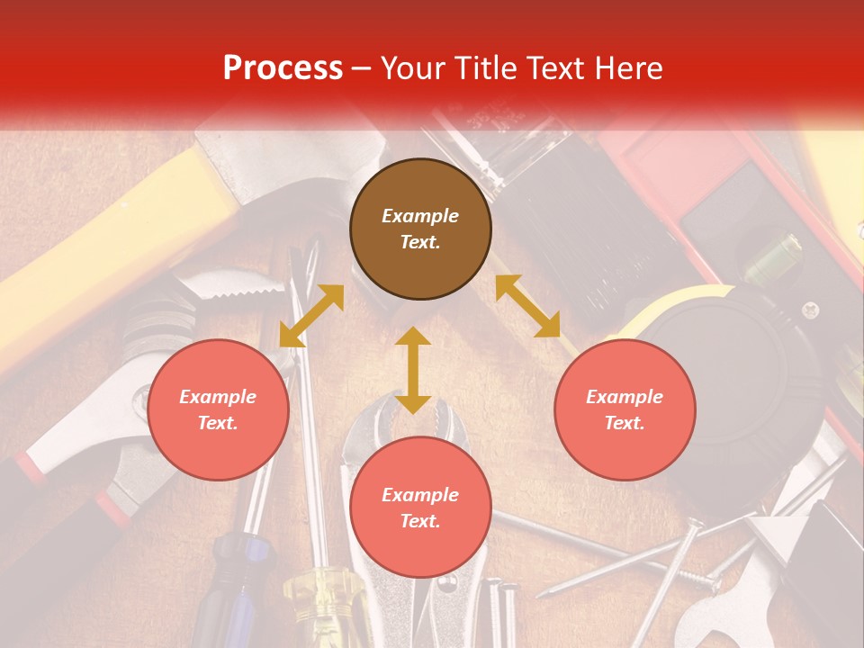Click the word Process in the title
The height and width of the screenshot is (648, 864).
pos(283,67)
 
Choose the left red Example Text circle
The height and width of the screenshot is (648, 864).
pos(218,409)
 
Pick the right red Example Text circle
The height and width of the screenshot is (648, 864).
pos(625,409)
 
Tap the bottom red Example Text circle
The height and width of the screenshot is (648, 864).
pos(420,508)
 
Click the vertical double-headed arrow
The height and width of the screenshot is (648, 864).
pos(413,370)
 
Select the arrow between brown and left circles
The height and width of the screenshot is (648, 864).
pos(311,316)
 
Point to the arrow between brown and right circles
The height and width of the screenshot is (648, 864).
pos(528,306)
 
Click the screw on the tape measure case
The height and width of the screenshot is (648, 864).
pos(810,310)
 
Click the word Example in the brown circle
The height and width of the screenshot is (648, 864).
pos(420,216)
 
